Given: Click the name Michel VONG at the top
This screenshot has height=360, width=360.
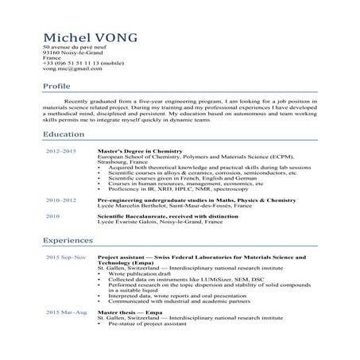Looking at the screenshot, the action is click(90, 37).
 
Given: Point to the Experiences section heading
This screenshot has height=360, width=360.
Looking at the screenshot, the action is click(69, 239).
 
